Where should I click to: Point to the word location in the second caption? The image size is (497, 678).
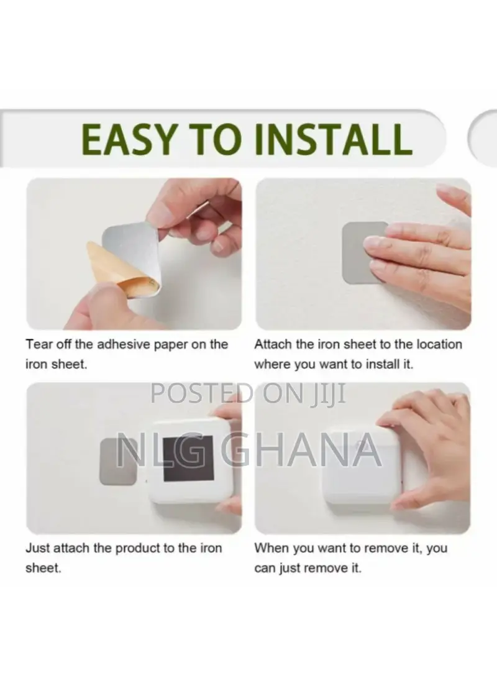pos(439,345)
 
